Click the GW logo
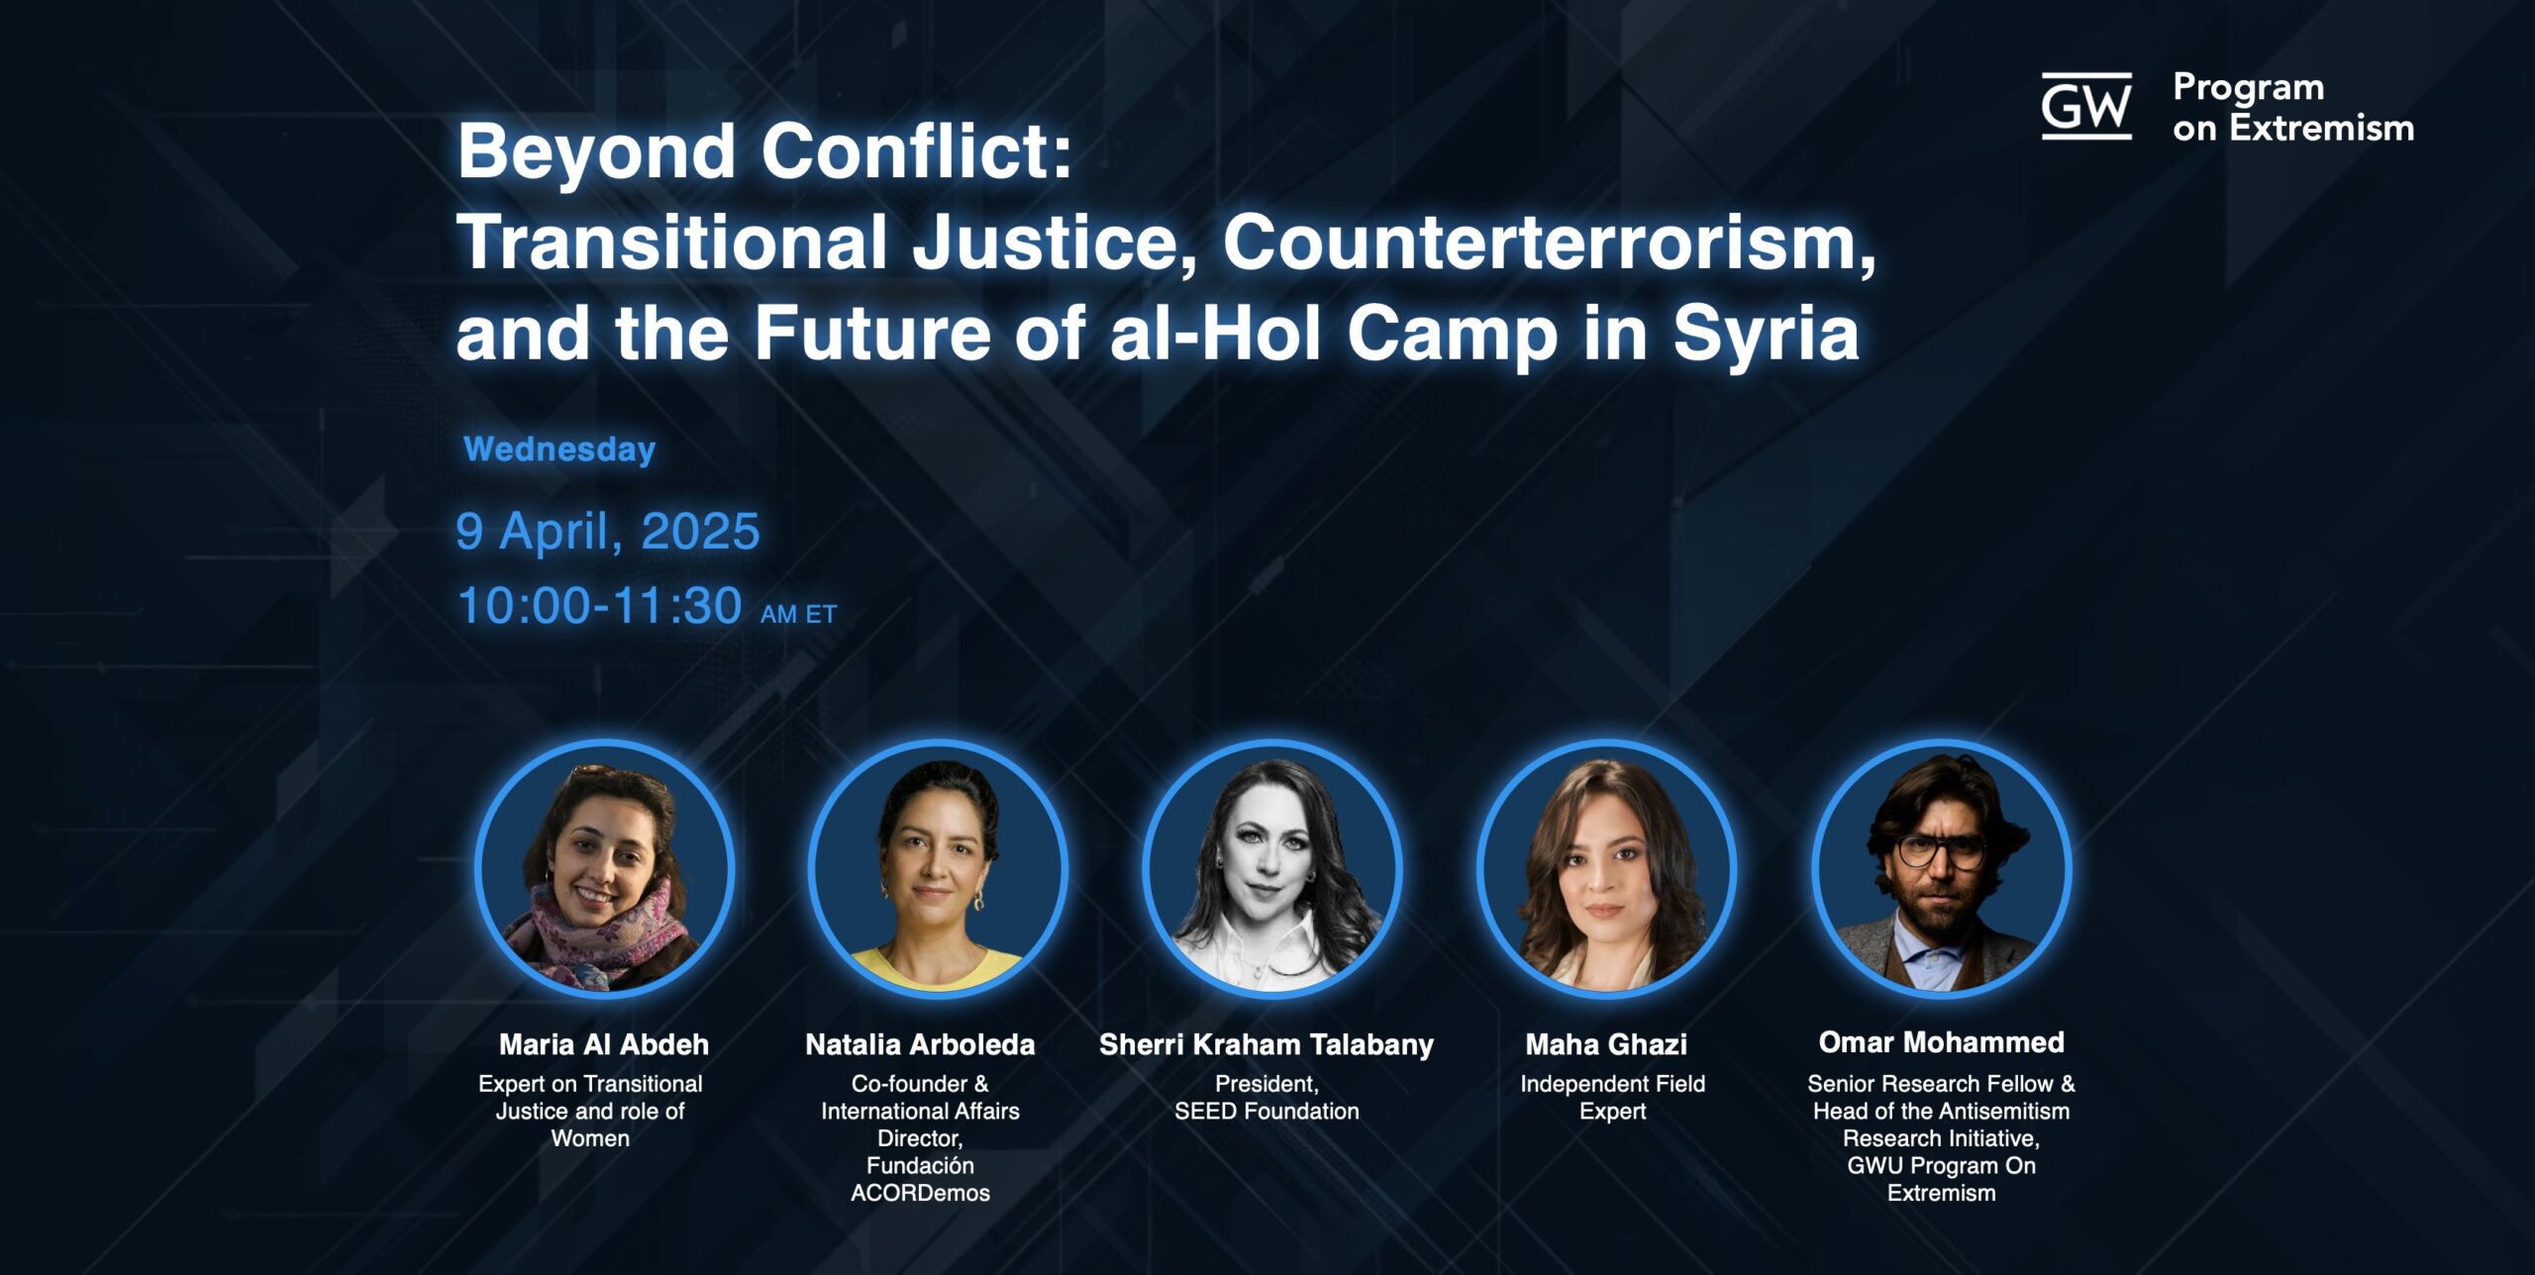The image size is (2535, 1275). (x=2086, y=106)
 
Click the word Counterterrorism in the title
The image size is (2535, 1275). (x=1550, y=243)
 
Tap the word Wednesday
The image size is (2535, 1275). (x=559, y=449)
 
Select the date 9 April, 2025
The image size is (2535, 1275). (x=608, y=532)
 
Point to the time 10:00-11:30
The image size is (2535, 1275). (x=599, y=605)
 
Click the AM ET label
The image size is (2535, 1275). (x=799, y=615)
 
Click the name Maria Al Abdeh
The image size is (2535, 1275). (x=604, y=1044)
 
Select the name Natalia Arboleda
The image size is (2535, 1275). (x=920, y=1044)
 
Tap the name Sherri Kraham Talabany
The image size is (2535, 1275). (x=1267, y=1045)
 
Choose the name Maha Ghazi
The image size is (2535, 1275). (x=1606, y=1044)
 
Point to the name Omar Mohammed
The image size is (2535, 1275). (x=1942, y=1042)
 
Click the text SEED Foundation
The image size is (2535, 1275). (x=1267, y=1112)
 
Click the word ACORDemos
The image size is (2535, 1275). (x=920, y=1193)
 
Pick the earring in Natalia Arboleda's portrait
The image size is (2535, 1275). (x=979, y=900)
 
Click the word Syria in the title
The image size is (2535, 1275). (x=1767, y=334)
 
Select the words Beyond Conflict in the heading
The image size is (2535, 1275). (x=764, y=151)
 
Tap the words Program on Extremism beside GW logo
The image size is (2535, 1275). (x=2293, y=108)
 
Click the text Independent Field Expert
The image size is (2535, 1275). (x=1613, y=1098)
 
